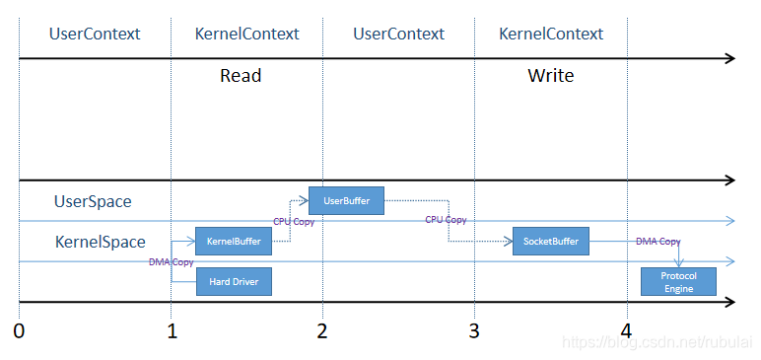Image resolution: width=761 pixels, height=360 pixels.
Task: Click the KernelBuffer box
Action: [x=234, y=241]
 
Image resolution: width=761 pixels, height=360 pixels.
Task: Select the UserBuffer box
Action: [x=347, y=200]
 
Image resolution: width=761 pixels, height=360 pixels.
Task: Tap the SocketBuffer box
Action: [x=551, y=241]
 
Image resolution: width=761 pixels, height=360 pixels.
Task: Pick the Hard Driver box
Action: [x=234, y=281]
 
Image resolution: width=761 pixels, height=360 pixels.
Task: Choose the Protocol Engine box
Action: [x=678, y=282]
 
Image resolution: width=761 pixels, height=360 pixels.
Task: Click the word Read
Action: [x=241, y=76]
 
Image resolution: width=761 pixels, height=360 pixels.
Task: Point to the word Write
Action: [x=551, y=76]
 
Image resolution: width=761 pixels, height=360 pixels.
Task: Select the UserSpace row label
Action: [x=93, y=201]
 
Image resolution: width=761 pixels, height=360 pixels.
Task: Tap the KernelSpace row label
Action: [x=100, y=242]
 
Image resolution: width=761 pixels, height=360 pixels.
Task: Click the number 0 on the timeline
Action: [x=19, y=330]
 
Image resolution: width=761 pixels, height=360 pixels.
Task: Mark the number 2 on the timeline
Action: [x=322, y=330]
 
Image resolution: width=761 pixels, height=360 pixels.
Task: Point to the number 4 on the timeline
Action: [x=627, y=330]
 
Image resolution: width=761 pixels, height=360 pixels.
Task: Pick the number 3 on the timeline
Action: [x=474, y=330]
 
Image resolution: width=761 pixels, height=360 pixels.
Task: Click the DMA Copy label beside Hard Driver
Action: [x=172, y=262]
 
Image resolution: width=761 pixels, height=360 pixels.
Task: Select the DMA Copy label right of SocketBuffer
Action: [x=658, y=241]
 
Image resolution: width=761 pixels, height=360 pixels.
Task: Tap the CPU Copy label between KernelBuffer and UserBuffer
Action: [x=294, y=222]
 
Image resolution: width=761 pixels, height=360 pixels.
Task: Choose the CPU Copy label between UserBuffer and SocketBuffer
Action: [x=446, y=220]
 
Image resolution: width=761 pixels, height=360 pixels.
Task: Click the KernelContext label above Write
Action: [x=551, y=34]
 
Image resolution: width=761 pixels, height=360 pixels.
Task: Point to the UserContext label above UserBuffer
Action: [x=398, y=34]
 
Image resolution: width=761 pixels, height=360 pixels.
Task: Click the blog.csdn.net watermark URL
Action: [x=658, y=342]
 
